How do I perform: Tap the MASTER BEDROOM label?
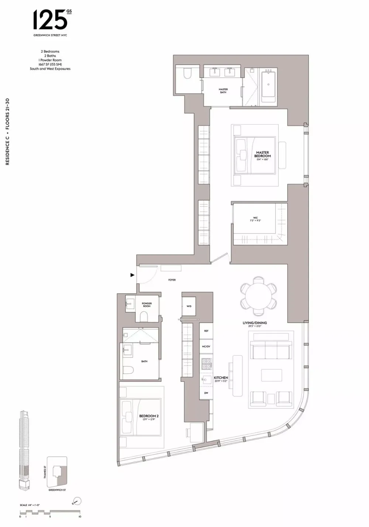[262, 154]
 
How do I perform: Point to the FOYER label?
[172, 280]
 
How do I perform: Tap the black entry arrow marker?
[132, 275]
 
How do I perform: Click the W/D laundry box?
[189, 306]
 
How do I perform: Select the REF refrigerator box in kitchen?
[206, 331]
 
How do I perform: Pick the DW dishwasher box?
[206, 393]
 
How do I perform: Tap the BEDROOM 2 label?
[149, 417]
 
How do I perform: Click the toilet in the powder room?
[144, 316]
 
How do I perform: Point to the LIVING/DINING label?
[255, 324]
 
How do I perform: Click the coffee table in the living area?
[271, 375]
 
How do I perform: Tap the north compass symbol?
[77, 501]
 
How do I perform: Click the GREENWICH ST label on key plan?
[57, 490]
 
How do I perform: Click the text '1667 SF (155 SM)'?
[50, 64]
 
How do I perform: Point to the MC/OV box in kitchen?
[206, 346]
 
